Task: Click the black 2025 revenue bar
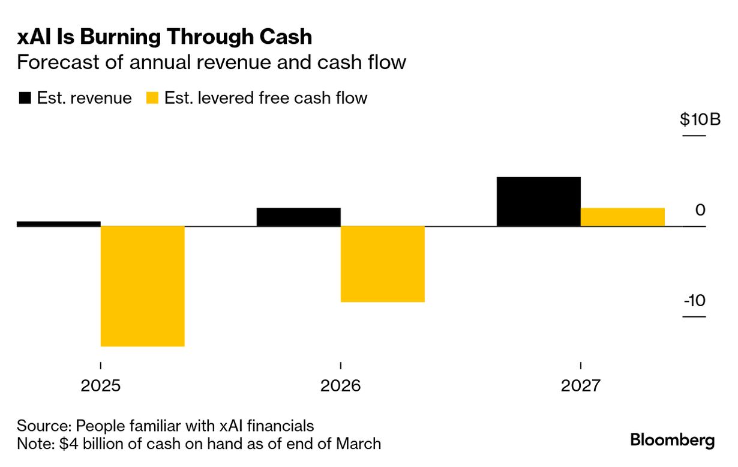(x=58, y=224)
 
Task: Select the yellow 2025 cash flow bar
(x=142, y=286)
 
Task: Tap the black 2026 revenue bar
(x=298, y=217)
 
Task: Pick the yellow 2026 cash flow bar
(x=382, y=264)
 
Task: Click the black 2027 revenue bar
(x=538, y=201)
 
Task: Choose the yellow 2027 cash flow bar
(x=622, y=217)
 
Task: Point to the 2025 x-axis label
(x=100, y=385)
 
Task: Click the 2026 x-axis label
(x=340, y=385)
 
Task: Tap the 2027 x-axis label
(x=580, y=385)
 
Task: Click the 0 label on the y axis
(x=700, y=210)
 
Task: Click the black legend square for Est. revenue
(x=25, y=98)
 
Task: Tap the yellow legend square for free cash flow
(x=152, y=98)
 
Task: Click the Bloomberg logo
(x=672, y=440)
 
